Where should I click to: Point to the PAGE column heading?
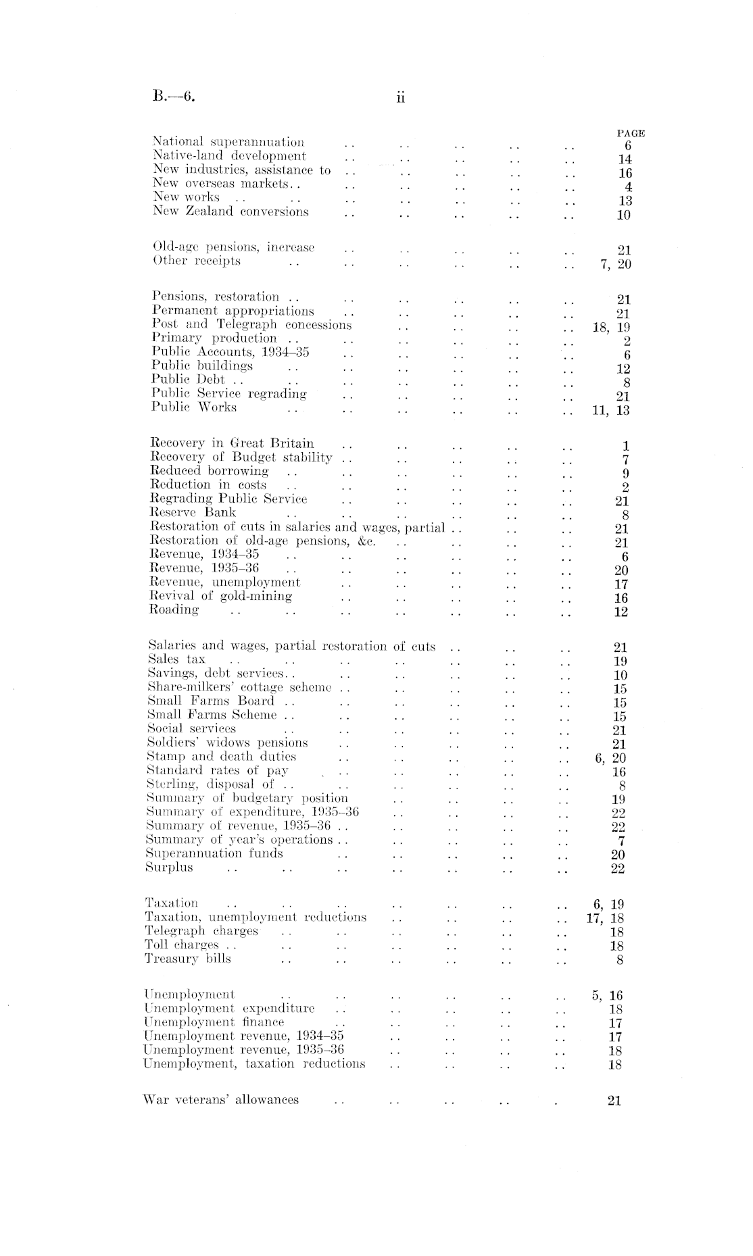(x=631, y=133)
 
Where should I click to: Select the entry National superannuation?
(x=228, y=142)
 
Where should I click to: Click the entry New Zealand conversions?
(x=230, y=211)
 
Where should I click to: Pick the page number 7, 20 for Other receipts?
(x=615, y=264)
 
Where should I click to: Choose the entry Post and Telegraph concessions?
(x=251, y=324)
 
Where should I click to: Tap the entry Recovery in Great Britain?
(x=232, y=444)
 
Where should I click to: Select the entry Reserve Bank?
(x=193, y=513)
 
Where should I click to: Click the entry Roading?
(x=174, y=610)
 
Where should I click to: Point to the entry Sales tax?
(x=176, y=659)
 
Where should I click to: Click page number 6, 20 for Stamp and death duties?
(x=610, y=758)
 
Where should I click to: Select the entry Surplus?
(x=169, y=868)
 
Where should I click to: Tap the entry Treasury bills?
(x=188, y=959)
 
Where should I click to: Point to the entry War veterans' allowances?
(x=222, y=1100)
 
